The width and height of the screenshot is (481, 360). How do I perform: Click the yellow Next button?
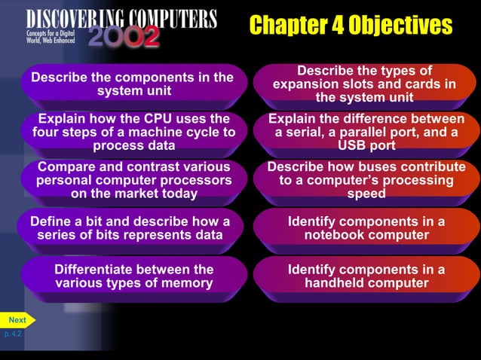17,320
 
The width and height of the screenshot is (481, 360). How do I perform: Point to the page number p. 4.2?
13,334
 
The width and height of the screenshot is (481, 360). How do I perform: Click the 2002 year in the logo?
124,36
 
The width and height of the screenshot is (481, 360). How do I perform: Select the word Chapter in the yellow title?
289,26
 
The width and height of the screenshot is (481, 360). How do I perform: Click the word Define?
50,221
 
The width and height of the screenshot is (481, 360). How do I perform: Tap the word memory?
185,283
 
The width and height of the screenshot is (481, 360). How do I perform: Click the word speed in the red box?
366,194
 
